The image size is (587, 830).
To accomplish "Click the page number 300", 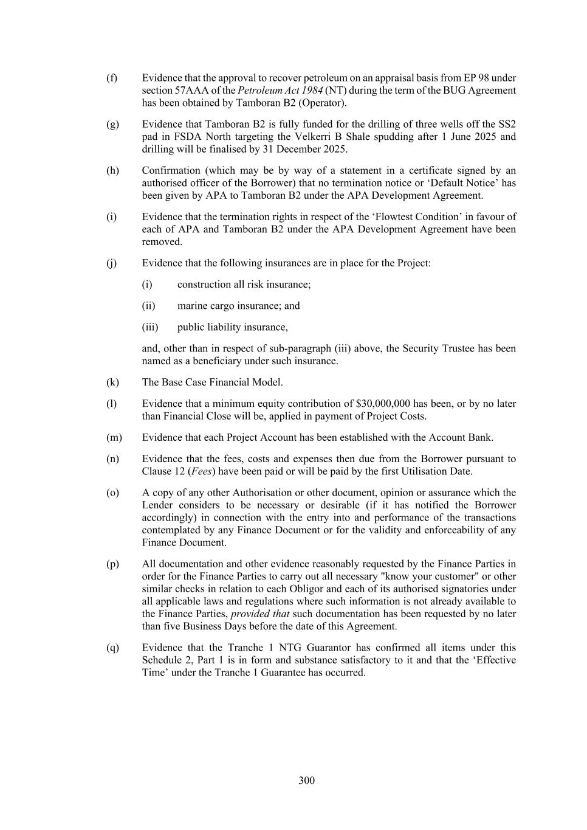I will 306,781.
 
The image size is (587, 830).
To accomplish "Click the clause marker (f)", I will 112,78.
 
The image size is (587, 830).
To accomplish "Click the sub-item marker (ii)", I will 149,306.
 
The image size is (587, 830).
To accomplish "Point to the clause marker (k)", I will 112,382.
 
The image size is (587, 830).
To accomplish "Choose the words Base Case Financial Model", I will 222,382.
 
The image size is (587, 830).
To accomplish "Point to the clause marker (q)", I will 112,648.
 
